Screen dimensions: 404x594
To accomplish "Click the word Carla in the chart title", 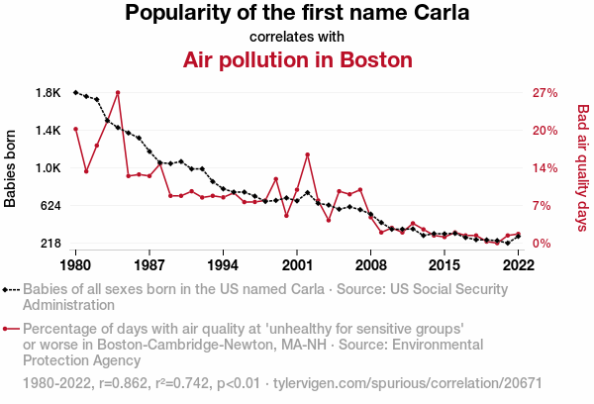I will point(437,14).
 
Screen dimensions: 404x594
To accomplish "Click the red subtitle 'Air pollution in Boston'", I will point(297,59).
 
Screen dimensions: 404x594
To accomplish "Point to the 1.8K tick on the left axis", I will point(48,93).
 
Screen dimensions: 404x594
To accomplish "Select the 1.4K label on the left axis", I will point(48,131).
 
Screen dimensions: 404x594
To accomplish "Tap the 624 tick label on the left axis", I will point(49,206).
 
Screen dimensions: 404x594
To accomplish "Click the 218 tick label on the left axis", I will point(49,244).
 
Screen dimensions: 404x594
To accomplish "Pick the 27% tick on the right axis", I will point(545,93).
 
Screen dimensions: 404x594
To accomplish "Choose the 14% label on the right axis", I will point(545,168).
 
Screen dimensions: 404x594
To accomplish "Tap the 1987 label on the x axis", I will point(149,265).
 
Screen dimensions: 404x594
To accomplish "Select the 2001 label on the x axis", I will point(297,265).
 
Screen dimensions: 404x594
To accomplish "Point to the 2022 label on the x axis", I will point(518,265).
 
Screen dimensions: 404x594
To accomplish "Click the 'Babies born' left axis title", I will point(11,168).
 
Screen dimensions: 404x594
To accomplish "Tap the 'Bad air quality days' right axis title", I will point(583,168).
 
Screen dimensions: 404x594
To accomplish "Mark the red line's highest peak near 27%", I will point(118,92).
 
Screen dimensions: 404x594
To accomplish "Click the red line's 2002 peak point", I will point(308,154).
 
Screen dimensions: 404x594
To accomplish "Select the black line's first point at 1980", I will point(75,92).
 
